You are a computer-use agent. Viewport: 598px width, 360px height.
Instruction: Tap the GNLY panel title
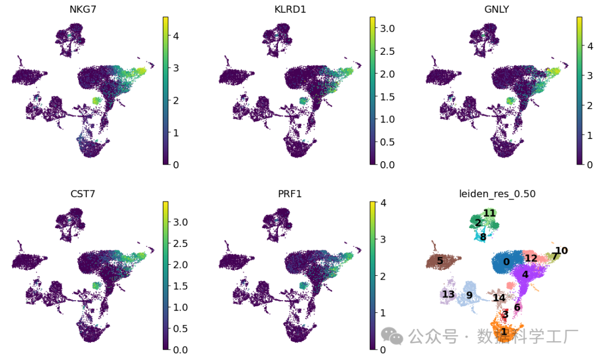[496, 9]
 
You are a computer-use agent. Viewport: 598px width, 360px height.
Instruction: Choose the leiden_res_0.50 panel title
[497, 194]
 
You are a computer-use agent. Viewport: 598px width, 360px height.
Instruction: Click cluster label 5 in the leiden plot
[440, 260]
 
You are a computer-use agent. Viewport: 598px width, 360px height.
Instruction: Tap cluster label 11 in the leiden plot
[489, 213]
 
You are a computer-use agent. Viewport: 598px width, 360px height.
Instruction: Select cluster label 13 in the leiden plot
[448, 294]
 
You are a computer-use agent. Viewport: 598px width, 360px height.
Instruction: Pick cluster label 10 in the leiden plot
[561, 251]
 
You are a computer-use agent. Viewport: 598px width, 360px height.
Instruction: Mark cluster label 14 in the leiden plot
[499, 298]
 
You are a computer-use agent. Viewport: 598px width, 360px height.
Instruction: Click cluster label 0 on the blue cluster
[506, 262]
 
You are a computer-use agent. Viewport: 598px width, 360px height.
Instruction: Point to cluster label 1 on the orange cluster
[503, 332]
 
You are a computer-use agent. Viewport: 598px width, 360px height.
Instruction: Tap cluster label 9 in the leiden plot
[469, 295]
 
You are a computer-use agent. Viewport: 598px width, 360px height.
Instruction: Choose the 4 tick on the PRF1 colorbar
[383, 203]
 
